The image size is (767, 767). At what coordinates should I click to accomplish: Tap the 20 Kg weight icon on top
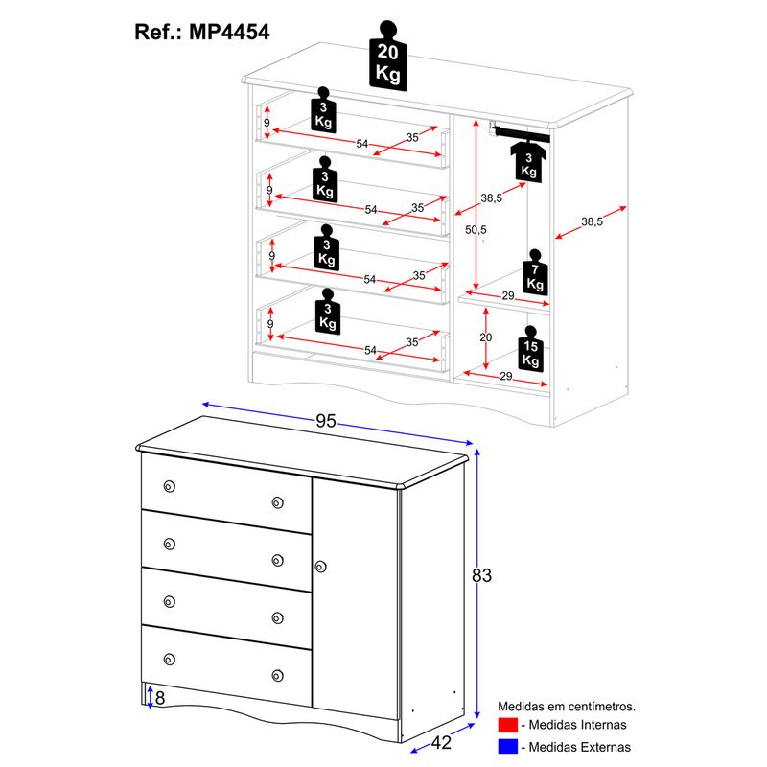387,55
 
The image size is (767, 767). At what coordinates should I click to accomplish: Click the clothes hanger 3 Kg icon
528,158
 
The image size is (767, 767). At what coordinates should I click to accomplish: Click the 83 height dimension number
482,576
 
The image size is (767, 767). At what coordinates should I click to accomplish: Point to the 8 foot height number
160,698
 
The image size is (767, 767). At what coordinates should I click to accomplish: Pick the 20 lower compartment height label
485,337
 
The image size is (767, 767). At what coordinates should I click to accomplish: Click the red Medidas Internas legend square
508,726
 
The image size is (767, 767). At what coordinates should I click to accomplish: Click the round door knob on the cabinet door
319,567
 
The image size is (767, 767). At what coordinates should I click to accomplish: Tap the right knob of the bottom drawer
278,674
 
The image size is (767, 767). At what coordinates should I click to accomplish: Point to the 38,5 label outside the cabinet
593,222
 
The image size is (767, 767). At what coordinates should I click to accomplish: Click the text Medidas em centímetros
567,707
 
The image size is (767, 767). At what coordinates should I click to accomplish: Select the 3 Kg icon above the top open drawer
323,112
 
